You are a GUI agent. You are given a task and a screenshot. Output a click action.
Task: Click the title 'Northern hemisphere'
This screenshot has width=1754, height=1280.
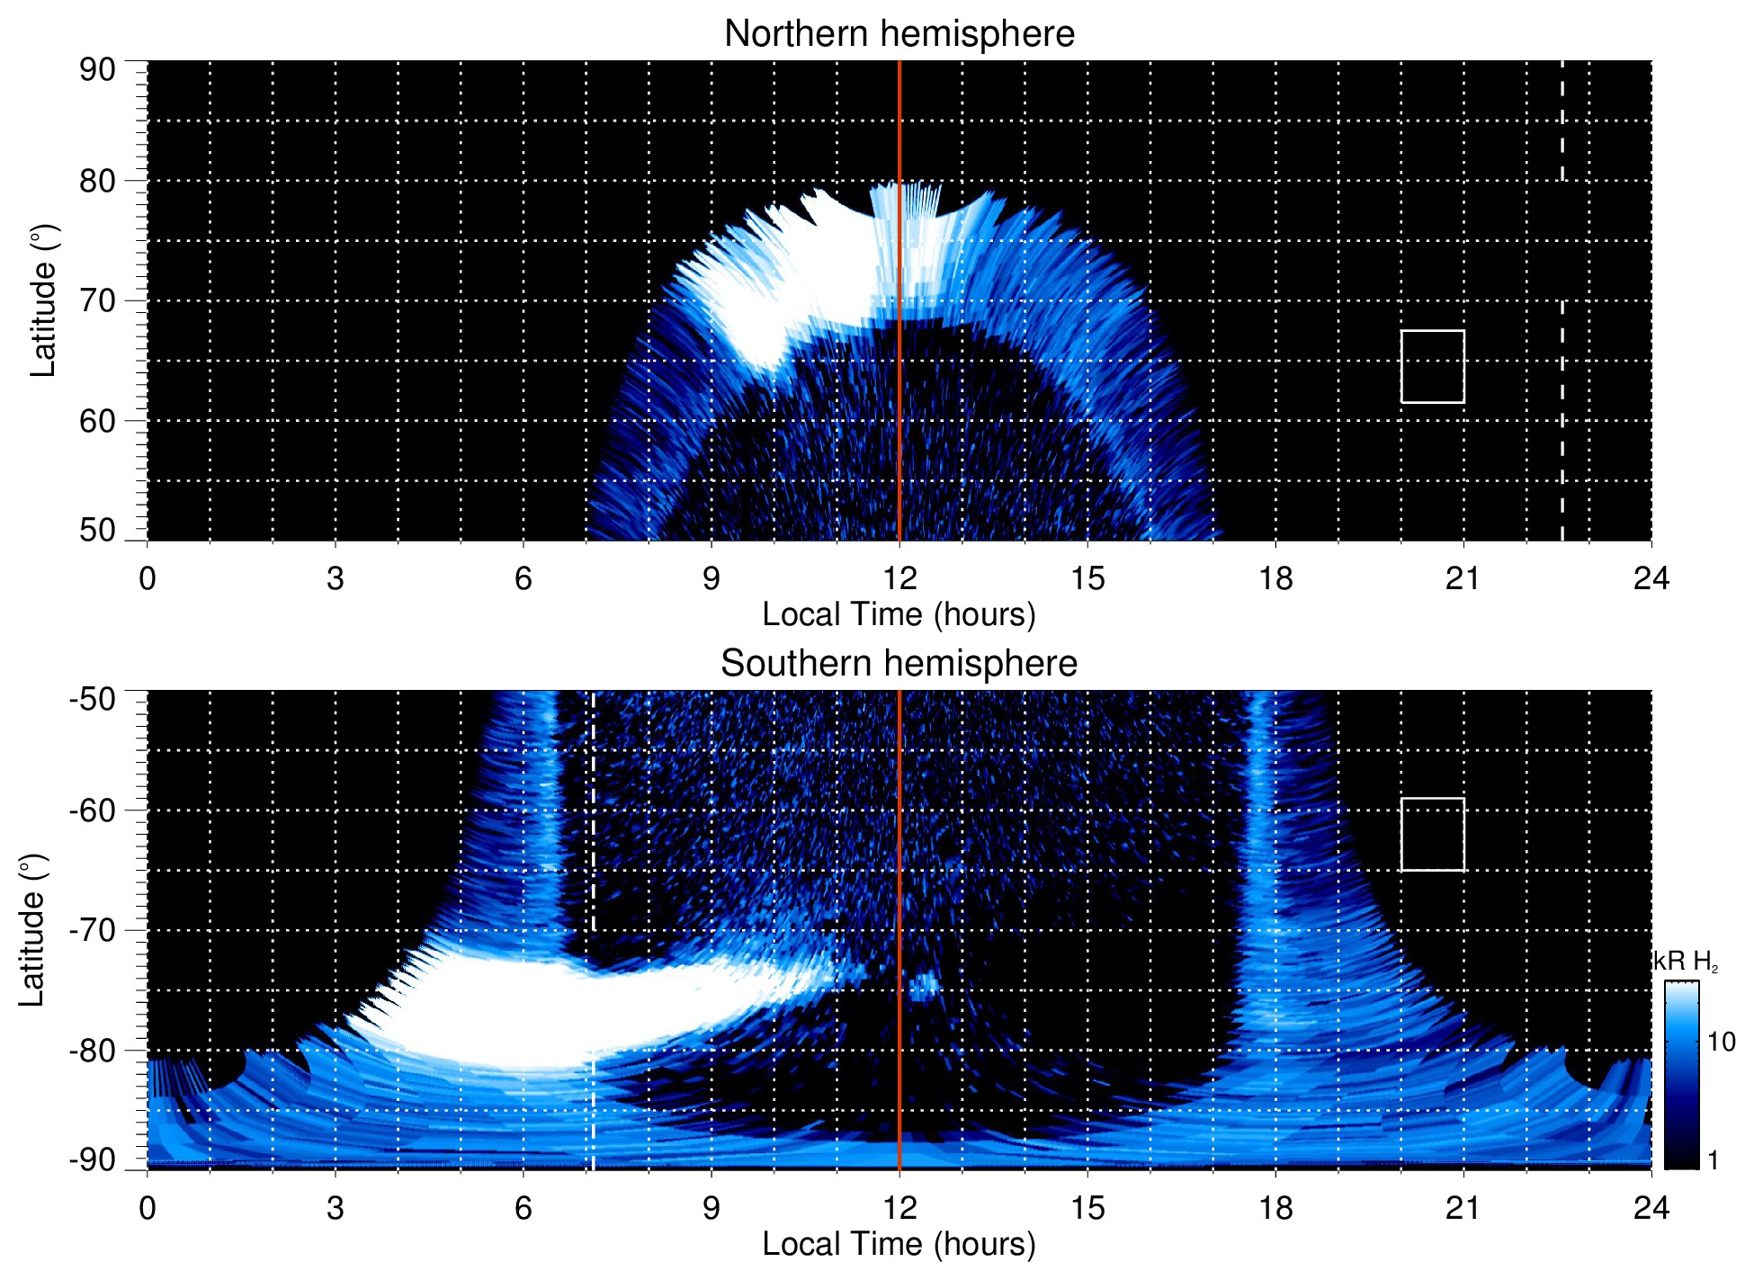[899, 34]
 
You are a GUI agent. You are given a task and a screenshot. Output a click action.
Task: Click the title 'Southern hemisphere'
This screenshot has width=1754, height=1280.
[899, 664]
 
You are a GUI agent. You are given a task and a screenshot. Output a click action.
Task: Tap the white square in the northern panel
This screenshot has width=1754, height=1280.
[1432, 366]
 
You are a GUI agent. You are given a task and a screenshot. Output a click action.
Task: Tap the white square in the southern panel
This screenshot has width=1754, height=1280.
[1432, 834]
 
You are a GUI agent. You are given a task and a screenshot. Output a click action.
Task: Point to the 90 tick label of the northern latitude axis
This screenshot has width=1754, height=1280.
[97, 69]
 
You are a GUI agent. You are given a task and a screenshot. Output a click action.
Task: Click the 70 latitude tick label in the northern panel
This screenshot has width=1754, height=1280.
[97, 300]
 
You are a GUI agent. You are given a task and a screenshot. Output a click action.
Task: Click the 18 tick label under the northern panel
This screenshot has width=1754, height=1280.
[1275, 578]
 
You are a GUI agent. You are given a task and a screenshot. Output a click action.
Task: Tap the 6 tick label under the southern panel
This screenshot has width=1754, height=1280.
[523, 1208]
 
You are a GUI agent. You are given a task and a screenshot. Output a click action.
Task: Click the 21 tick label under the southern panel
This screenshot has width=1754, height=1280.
[1463, 1208]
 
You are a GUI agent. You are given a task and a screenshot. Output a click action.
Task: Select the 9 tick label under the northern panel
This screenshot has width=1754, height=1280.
[711, 578]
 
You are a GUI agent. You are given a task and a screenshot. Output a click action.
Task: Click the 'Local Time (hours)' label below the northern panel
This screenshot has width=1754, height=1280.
[899, 614]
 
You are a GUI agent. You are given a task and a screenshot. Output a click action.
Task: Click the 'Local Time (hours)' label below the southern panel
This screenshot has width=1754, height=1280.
[899, 1244]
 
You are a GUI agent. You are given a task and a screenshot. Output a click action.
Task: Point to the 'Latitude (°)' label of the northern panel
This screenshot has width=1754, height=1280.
[43, 300]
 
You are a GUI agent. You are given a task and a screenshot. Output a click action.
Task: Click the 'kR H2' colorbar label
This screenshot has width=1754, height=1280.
[1686, 962]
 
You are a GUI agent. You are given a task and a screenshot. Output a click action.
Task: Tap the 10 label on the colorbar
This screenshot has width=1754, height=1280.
[1721, 1043]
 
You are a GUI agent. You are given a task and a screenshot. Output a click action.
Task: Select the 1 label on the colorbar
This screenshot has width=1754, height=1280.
[1713, 1160]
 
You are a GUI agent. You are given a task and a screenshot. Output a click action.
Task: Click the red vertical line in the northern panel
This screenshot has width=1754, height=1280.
[899, 405]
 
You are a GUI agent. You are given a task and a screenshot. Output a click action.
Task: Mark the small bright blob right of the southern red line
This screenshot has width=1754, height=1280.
[923, 986]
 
